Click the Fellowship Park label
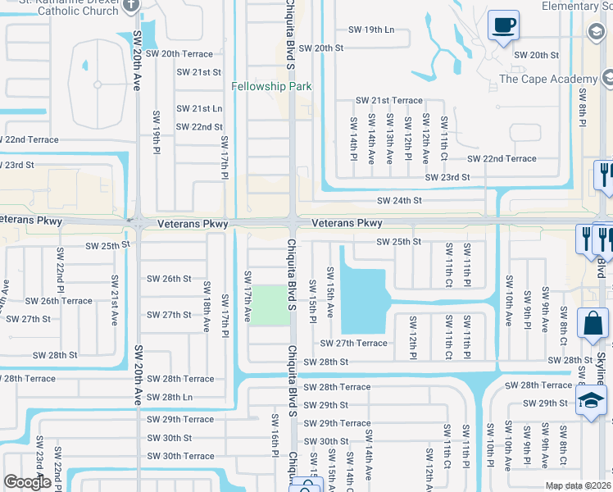271,86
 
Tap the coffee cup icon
503,25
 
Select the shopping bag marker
593,324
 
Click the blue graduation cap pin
589,402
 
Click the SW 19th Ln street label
371,30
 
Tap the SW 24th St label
399,200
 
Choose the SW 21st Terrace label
388,100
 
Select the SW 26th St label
165,279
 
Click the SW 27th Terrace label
354,344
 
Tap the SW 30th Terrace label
181,456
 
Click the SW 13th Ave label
389,140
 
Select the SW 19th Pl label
155,135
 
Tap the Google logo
27,482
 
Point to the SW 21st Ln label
200,108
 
